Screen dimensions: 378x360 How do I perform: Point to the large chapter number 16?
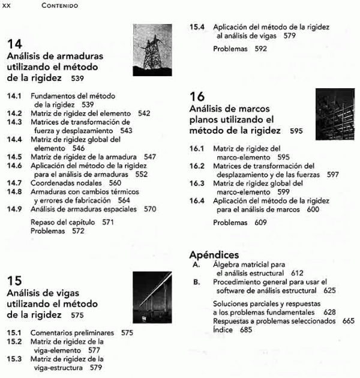coord(197,97)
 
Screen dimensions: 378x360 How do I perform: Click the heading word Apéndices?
coord(214,255)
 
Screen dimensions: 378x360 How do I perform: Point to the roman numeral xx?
coord(7,6)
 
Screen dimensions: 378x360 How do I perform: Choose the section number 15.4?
coord(197,27)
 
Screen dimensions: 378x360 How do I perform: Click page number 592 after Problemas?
coord(260,49)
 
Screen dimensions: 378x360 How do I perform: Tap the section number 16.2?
coord(197,166)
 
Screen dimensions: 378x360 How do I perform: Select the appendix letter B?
coord(196,282)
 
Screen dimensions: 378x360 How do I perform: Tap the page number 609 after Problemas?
coord(260,222)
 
